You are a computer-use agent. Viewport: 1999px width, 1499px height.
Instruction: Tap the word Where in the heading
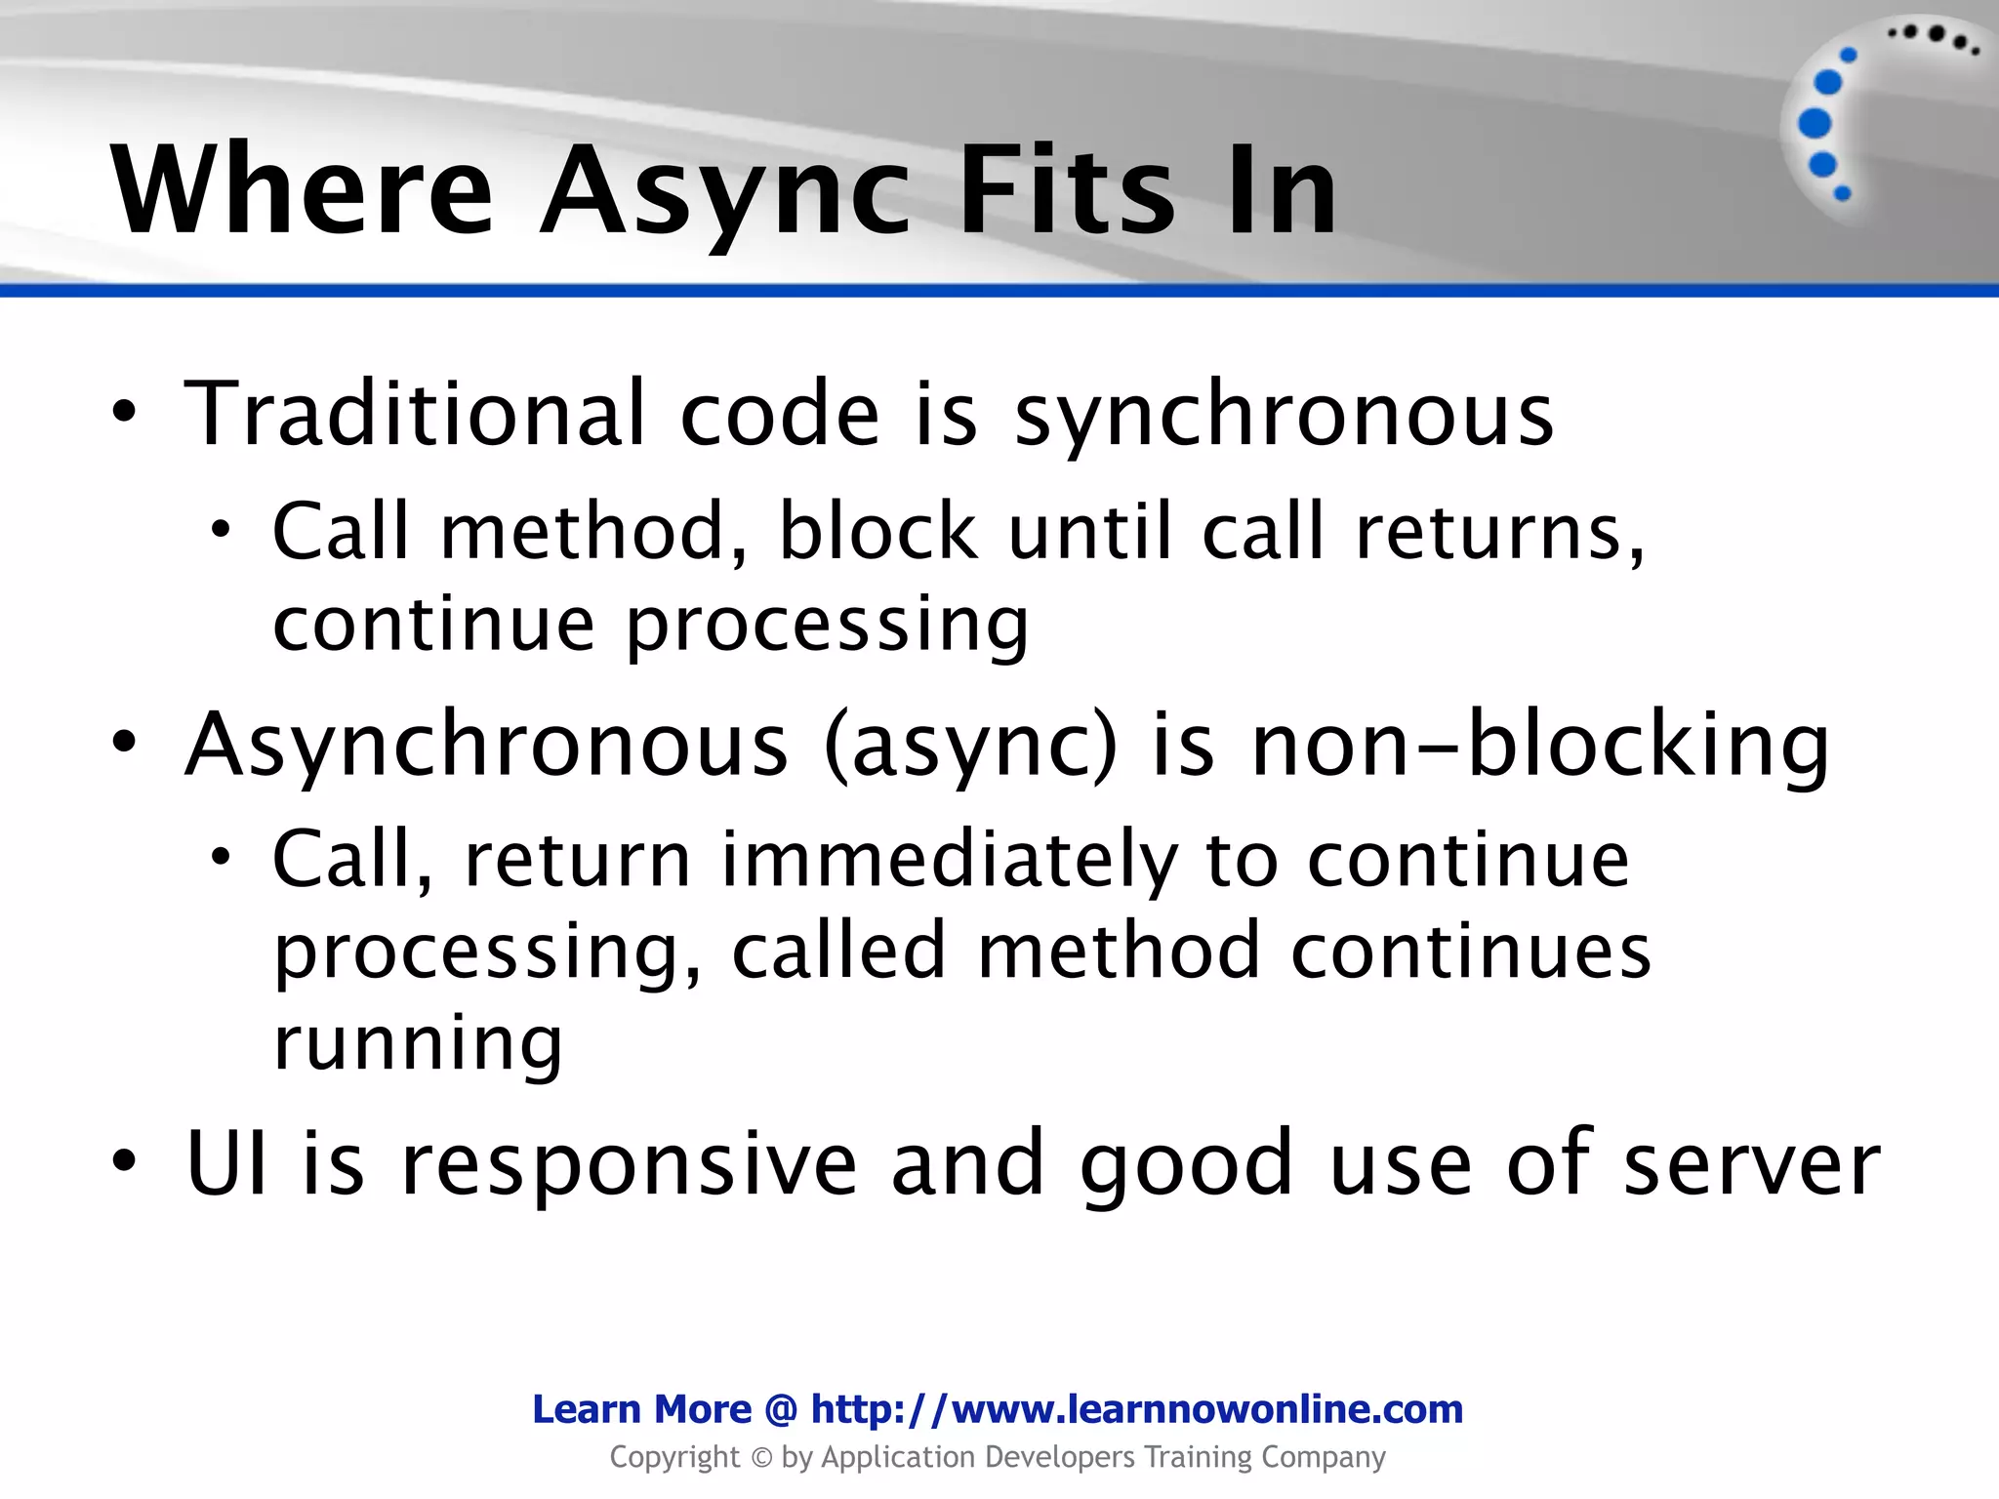tap(303, 190)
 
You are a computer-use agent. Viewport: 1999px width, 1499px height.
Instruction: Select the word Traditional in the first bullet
tap(415, 415)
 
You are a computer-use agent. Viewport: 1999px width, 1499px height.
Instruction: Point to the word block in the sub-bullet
tap(877, 532)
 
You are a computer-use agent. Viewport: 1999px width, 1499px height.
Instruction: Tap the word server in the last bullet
tap(1751, 1164)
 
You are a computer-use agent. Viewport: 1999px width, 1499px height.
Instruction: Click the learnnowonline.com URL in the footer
tap(1137, 1409)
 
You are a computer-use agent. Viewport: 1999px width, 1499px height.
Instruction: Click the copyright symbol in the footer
tap(760, 1458)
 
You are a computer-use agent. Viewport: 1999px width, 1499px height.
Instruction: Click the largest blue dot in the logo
tap(1815, 124)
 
